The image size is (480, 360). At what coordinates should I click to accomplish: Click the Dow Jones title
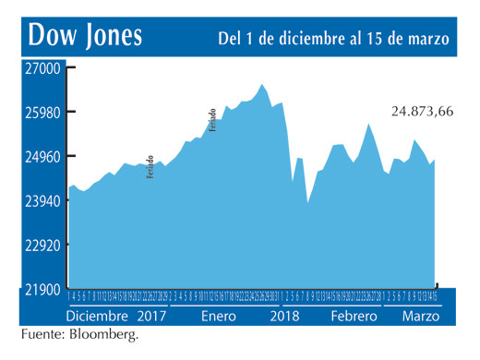tap(86, 36)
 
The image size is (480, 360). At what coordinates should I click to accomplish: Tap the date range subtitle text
tap(334, 39)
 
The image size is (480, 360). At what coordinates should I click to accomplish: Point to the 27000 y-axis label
tap(42, 69)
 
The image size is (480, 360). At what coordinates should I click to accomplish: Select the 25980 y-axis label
tap(42, 113)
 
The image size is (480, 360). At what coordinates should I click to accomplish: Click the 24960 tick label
tap(42, 157)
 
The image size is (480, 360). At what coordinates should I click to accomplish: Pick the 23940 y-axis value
tap(42, 201)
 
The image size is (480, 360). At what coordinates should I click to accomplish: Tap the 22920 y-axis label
tap(42, 246)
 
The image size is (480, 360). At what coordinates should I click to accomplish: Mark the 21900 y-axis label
tap(42, 290)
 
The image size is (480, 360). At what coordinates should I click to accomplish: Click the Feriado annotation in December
tap(150, 166)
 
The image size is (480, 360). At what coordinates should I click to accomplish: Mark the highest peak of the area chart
tap(263, 84)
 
